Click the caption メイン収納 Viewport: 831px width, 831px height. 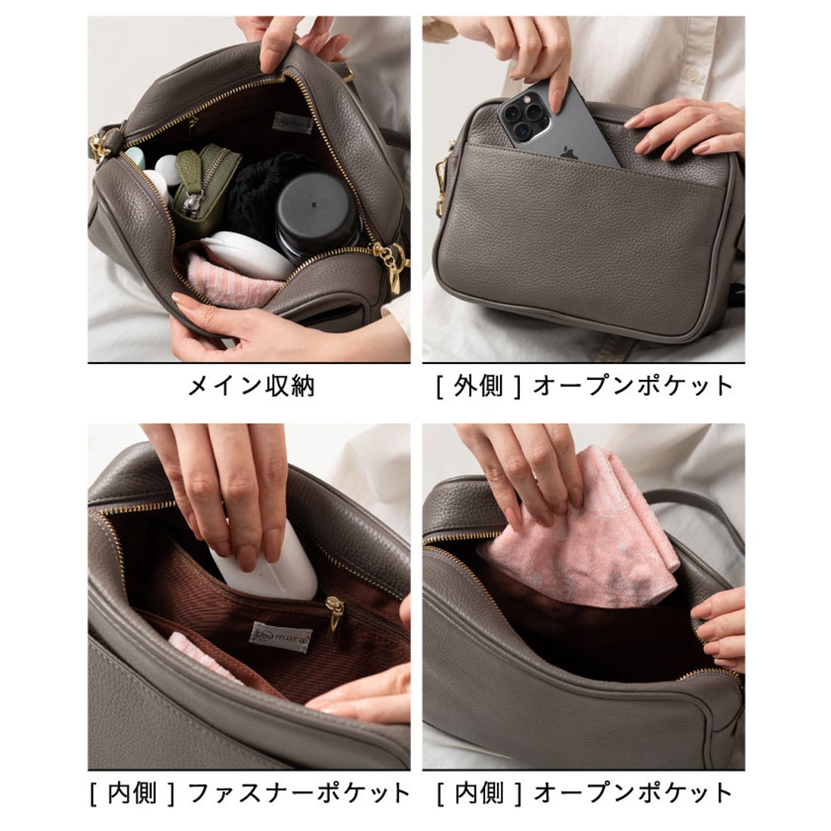(250, 387)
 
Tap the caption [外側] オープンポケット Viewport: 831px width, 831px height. (584, 386)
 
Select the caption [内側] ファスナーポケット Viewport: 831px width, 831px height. (250, 792)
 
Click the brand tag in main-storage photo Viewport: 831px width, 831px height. (294, 122)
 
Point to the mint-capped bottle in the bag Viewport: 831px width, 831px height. (136, 159)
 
